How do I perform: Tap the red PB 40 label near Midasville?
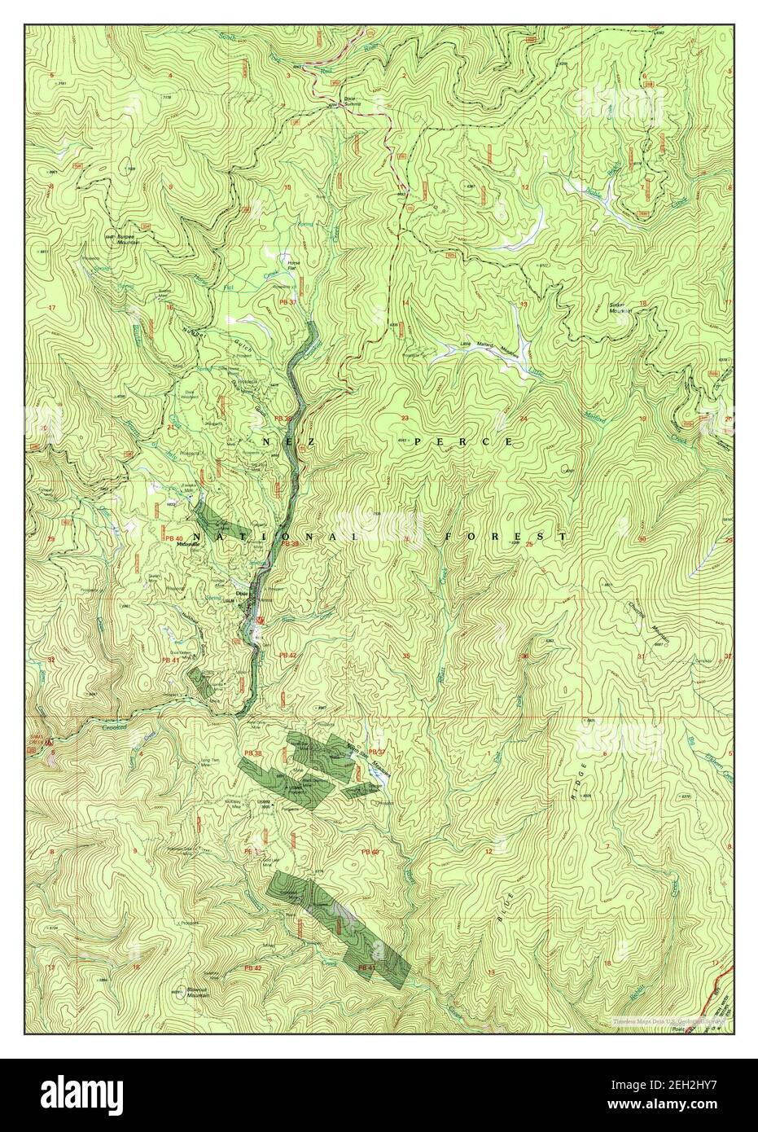(x=172, y=538)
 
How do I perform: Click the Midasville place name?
(x=189, y=547)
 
